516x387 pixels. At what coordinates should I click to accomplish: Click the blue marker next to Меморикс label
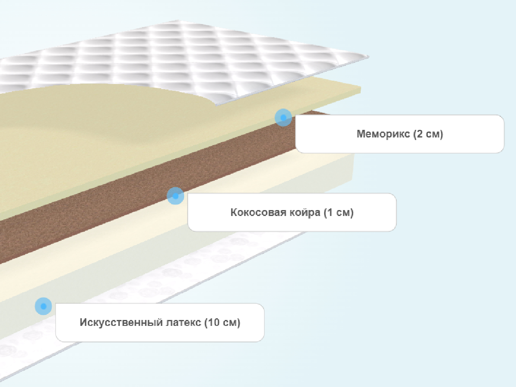click(283, 118)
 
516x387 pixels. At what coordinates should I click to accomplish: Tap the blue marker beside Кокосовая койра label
click(175, 196)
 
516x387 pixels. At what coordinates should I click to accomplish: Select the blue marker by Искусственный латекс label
click(43, 306)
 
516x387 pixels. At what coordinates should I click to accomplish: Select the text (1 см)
click(339, 213)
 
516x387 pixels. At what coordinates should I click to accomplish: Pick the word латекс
click(183, 322)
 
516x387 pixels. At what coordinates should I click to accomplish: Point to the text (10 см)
click(222, 322)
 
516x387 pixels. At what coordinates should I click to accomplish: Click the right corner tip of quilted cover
click(369, 56)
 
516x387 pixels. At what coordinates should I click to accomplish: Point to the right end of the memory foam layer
click(361, 90)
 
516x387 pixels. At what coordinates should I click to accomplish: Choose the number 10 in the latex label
click(213, 322)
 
